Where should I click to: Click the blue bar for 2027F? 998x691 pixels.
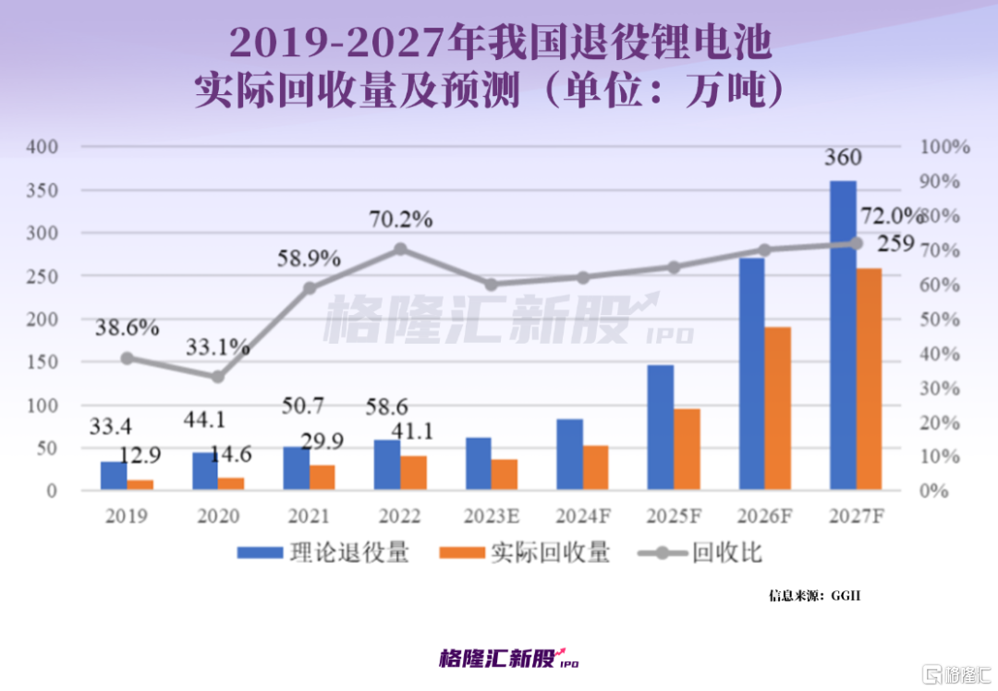tap(843, 335)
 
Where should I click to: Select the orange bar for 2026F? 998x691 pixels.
tap(777, 408)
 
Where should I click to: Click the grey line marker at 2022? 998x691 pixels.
tap(399, 249)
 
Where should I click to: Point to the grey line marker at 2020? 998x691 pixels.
tap(217, 377)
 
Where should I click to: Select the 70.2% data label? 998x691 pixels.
tap(399, 220)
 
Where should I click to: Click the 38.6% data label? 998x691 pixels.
tap(126, 328)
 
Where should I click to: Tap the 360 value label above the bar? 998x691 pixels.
tap(843, 159)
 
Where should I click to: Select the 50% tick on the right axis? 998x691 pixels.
tap(943, 320)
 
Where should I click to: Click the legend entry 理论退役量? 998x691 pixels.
tap(323, 553)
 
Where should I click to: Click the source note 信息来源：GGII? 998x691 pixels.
tap(814, 596)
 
